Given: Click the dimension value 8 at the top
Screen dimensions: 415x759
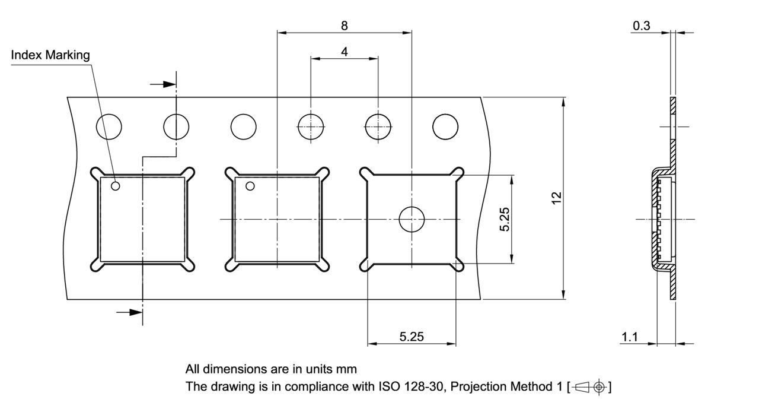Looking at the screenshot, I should click(345, 25).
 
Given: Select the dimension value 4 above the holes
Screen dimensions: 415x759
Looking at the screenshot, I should click(345, 52).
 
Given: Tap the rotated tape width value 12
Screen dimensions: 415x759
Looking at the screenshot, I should click(556, 198).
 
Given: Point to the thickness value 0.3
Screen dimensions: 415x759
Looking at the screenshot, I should click(642, 25).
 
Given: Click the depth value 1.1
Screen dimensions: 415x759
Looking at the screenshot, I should click(629, 337).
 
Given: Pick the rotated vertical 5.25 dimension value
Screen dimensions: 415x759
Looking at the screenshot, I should click(505, 219).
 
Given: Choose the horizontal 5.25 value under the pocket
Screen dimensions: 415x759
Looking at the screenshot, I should click(412, 337).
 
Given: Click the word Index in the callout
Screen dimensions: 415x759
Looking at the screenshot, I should click(26, 55).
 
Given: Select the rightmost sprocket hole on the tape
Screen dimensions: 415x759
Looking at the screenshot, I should click(445, 126).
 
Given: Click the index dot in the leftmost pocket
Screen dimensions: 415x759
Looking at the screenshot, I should click(116, 186).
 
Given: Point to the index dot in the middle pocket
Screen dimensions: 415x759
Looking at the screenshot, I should click(250, 186).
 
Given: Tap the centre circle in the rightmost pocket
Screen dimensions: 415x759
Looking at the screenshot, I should click(412, 219).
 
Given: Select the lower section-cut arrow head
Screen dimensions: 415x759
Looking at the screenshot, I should click(136, 311).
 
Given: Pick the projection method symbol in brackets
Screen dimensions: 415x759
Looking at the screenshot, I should click(589, 387).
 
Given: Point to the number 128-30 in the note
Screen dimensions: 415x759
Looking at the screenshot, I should click(424, 387).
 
